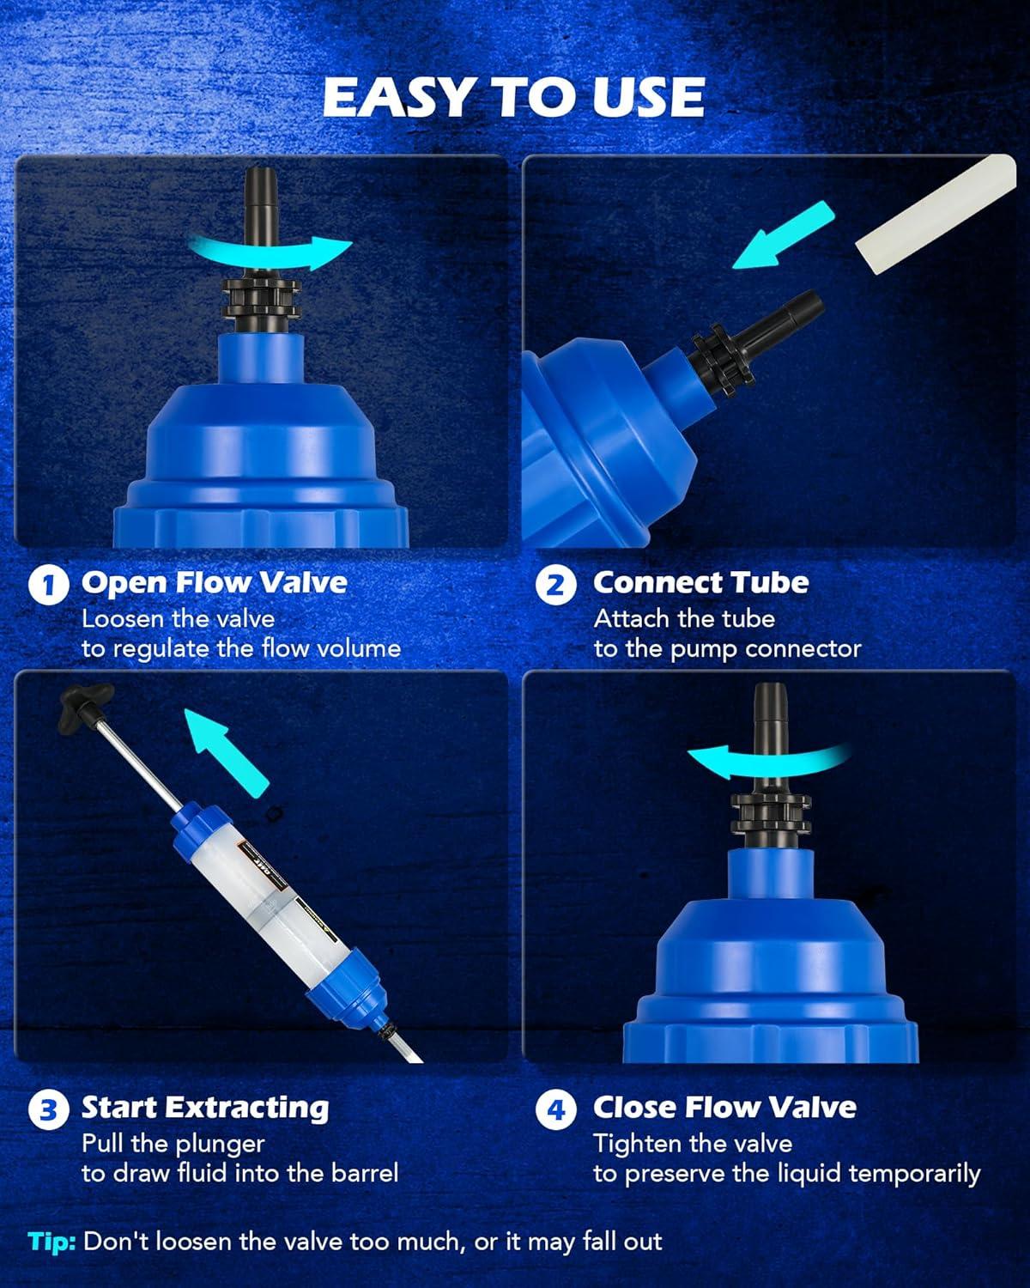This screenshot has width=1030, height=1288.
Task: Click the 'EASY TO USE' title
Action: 514,97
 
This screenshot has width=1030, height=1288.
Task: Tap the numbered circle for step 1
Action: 48,585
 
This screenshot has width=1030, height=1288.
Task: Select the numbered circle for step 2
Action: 556,585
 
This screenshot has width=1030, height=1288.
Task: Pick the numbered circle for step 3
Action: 48,1109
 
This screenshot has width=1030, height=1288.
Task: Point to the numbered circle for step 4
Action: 556,1109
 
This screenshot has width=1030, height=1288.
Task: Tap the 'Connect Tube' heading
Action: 701,583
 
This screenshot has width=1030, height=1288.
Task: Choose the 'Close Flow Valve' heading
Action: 724,1108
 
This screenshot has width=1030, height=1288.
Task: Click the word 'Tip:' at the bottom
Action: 51,1242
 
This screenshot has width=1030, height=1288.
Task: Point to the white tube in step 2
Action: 936,214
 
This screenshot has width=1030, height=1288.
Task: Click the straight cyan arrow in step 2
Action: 783,236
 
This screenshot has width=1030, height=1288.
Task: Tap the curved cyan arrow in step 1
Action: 269,252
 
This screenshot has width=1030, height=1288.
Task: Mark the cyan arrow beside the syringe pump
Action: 227,752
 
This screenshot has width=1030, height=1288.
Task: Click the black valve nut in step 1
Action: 260,297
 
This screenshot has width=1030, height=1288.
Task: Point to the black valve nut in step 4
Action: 770,812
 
